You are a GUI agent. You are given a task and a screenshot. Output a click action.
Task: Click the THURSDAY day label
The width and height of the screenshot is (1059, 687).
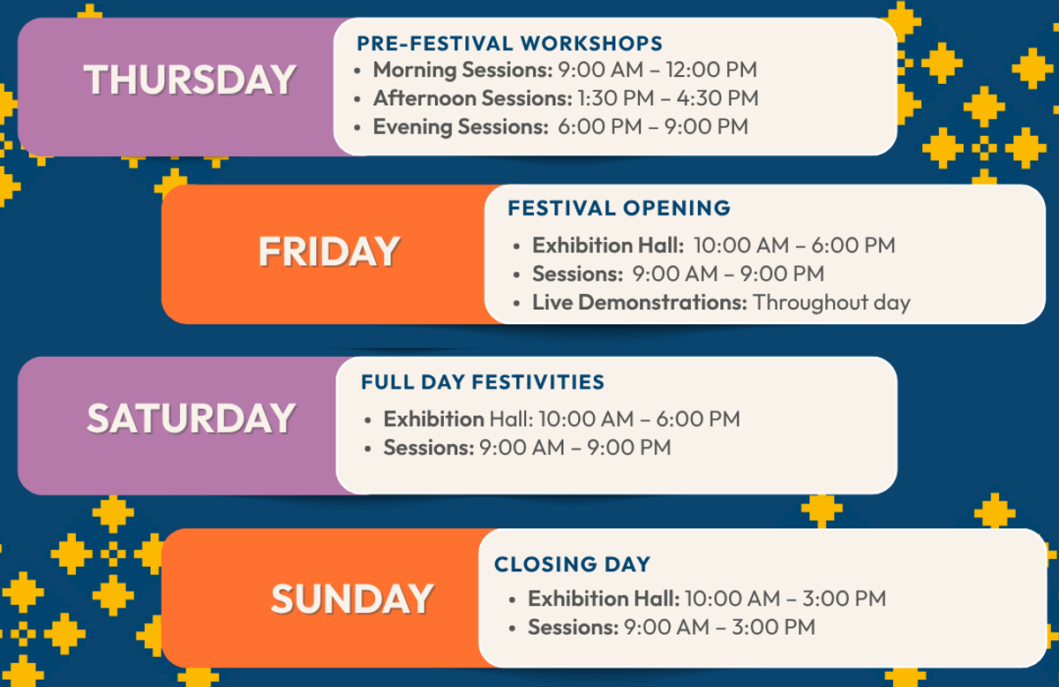[x=190, y=79]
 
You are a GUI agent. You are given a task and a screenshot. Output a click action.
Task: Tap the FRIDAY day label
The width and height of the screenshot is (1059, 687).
[x=329, y=252]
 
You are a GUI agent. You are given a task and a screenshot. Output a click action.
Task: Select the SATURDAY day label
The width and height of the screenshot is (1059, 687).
[x=192, y=419]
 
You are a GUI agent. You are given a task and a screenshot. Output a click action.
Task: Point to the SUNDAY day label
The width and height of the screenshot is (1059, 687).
[x=352, y=599]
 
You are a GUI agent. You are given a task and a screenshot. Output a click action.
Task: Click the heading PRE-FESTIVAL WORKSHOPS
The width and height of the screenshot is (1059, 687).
[x=510, y=43]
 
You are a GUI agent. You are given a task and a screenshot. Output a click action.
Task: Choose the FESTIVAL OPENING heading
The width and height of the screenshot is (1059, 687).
[x=619, y=208]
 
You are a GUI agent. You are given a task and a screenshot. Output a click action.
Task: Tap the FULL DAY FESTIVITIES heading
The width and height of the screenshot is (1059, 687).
[x=483, y=381]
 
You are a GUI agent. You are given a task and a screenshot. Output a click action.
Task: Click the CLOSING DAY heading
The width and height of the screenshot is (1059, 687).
[x=572, y=564]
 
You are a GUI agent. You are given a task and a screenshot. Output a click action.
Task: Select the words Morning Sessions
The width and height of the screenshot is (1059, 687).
[x=462, y=70]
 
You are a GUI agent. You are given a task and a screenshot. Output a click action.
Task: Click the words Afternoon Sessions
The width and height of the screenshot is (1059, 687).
[x=473, y=98]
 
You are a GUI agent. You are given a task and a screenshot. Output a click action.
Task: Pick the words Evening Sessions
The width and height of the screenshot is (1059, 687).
[x=461, y=127]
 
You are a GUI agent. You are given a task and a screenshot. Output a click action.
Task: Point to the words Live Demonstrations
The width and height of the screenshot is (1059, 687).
[x=640, y=302]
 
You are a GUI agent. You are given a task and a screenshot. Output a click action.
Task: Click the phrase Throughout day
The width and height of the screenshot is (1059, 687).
[x=831, y=303]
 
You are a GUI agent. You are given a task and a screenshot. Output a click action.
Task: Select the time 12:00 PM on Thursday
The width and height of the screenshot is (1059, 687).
[x=711, y=70]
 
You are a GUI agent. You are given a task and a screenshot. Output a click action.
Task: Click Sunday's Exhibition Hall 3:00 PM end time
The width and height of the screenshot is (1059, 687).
[x=844, y=599]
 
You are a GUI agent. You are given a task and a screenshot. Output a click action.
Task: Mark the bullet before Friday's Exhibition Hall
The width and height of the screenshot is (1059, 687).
[x=516, y=246]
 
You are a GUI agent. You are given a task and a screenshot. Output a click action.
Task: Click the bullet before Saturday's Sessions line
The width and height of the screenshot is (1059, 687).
[x=368, y=449]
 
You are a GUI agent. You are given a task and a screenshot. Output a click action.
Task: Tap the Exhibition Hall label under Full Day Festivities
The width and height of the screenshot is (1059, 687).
[x=459, y=419]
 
